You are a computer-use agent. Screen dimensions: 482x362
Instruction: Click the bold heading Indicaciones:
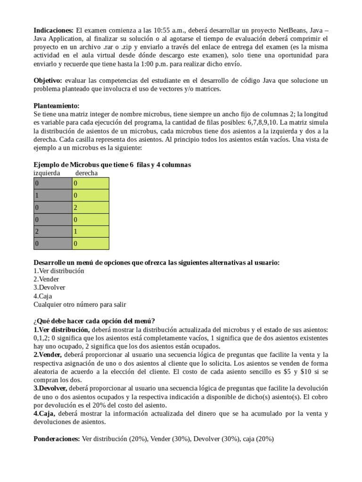tap(53, 30)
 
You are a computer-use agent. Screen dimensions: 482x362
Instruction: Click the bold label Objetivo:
tap(49, 80)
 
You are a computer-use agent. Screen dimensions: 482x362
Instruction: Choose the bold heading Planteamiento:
tap(57, 106)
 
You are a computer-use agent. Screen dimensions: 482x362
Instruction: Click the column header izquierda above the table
tap(47, 173)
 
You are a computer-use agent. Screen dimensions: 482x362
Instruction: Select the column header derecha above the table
tap(86, 173)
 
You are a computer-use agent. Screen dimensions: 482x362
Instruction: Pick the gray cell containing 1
tap(52, 195)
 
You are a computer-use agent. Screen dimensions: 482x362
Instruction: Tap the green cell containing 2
tap(90, 207)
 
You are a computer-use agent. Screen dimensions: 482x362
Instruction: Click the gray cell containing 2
tap(52, 232)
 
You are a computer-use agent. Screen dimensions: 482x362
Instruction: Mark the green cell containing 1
tap(90, 232)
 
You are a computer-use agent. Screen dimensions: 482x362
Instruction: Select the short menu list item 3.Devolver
tap(49, 288)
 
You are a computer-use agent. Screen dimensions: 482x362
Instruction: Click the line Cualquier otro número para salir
tap(80, 305)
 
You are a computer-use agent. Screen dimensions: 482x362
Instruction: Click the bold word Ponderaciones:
tap(57, 439)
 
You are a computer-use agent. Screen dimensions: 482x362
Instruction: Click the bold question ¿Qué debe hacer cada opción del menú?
tap(94, 321)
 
